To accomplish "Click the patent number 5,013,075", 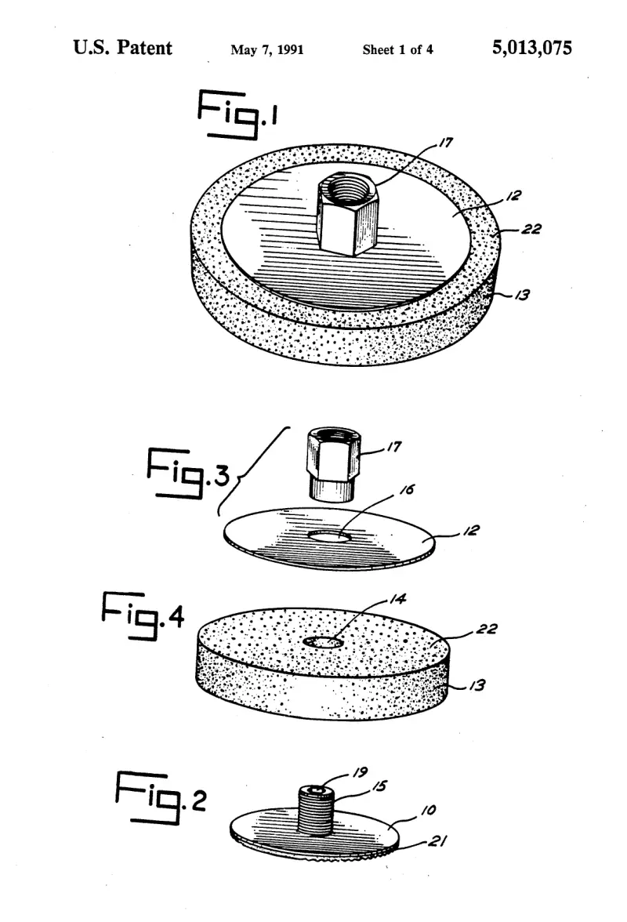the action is pos(532,49).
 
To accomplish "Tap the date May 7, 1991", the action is pos(267,50).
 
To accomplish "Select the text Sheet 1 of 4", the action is pos(398,50).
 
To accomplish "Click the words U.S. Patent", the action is pos(123,48).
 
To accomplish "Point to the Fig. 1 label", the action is pos(237,114).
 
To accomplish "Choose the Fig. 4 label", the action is pos(143,615).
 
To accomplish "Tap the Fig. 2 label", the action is pos(161,798).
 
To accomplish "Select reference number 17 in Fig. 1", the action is pos(446,143).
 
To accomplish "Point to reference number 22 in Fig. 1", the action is pos(531,229).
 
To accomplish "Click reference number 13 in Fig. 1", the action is pos(522,295).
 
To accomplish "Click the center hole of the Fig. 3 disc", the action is pos(328,536).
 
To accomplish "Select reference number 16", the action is pos(408,489).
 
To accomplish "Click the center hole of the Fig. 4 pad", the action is pos(323,642).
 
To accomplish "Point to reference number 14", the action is pos(398,599).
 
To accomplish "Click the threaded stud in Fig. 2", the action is pos(316,810).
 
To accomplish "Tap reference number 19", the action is pos(361,772).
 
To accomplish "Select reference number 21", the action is pos(436,841).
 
